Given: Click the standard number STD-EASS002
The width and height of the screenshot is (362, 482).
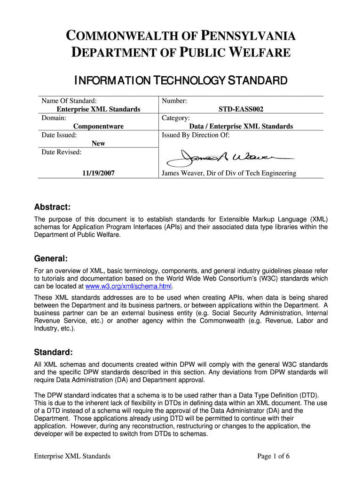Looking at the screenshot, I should click(241, 109).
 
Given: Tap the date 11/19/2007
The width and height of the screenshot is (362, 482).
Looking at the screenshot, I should click(98, 173).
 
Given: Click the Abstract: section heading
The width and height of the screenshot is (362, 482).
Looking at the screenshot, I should click(53, 208).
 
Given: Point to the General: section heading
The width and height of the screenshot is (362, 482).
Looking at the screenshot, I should click(51, 259).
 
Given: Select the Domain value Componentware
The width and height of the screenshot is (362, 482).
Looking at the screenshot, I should click(98, 126).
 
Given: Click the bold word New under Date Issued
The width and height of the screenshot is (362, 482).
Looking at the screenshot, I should click(98, 143).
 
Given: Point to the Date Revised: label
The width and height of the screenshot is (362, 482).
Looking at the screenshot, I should click(62, 152).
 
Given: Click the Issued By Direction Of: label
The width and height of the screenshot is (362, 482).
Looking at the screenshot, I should click(196, 135).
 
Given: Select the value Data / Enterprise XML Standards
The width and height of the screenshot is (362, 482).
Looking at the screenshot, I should click(241, 126).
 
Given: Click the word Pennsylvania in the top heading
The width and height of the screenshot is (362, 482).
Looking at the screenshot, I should click(249, 36).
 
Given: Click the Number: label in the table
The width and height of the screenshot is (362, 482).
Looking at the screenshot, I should click(174, 101).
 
